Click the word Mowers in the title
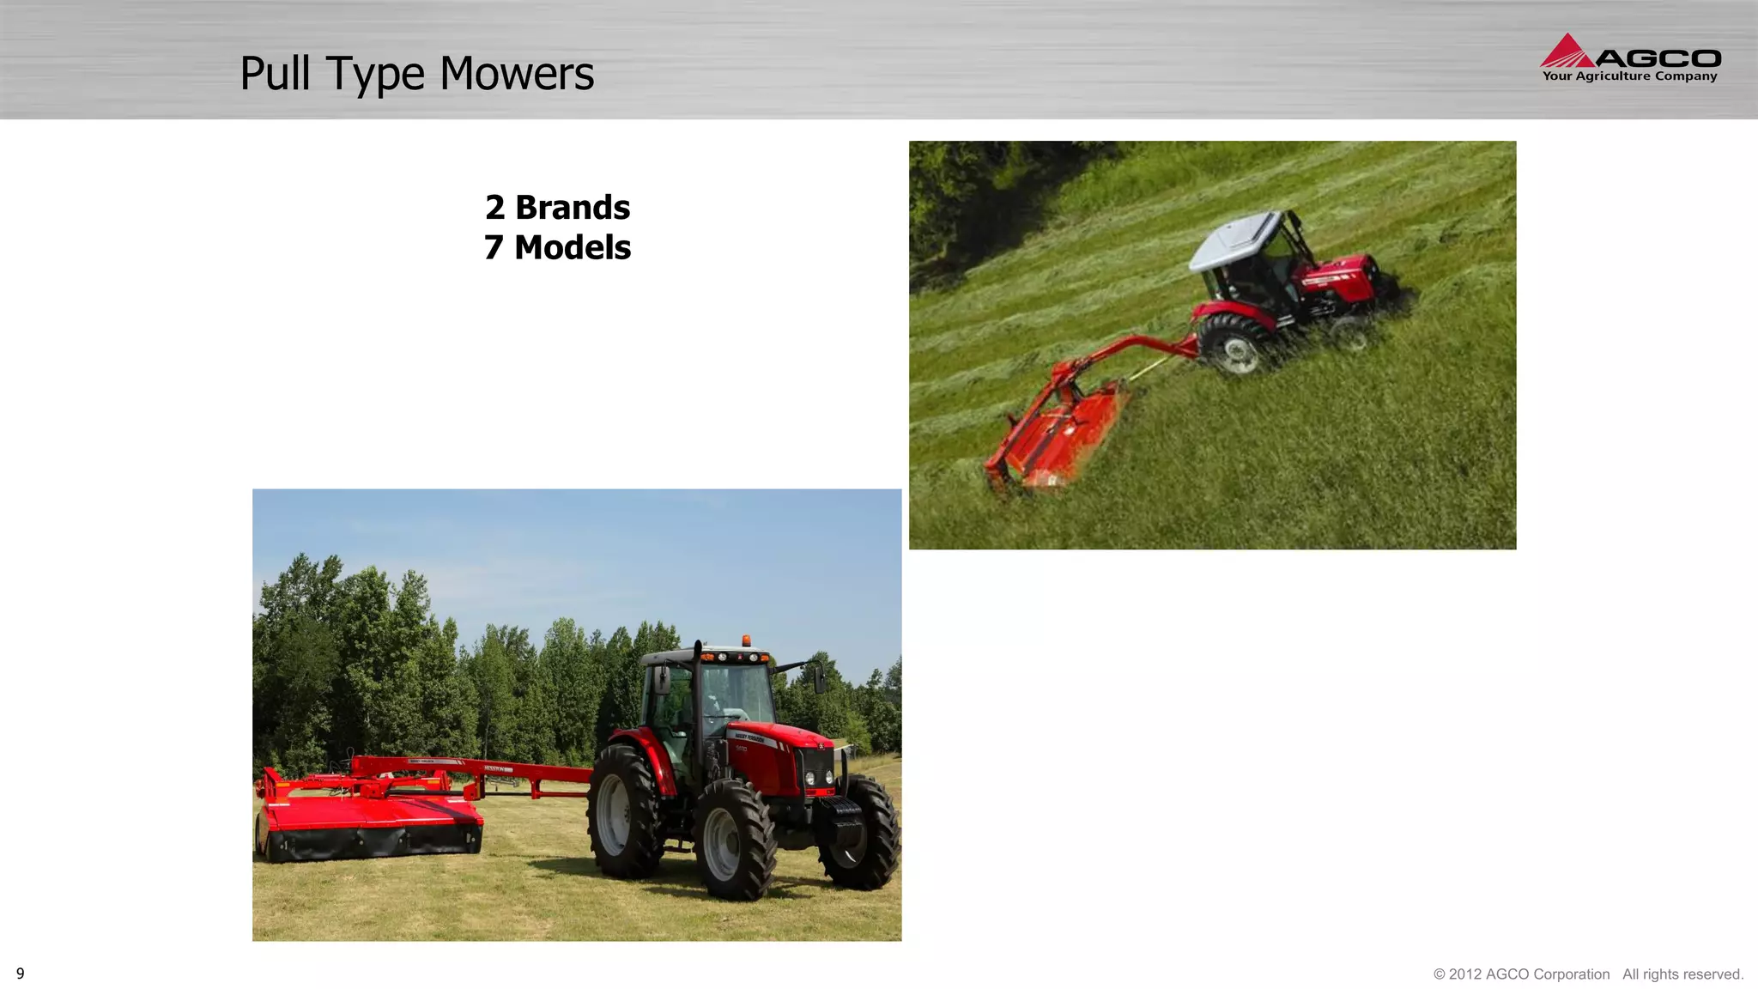pyautogui.click(x=517, y=74)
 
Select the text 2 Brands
pyautogui.click(x=557, y=208)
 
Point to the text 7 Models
pyautogui.click(x=557, y=247)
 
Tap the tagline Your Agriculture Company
pyautogui.click(x=1629, y=76)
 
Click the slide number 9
pyautogui.click(x=21, y=974)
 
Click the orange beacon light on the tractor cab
pyautogui.click(x=747, y=640)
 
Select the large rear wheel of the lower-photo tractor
pyautogui.click(x=624, y=812)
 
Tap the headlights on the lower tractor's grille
pyautogui.click(x=818, y=778)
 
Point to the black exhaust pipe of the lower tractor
pyautogui.click(x=699, y=687)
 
